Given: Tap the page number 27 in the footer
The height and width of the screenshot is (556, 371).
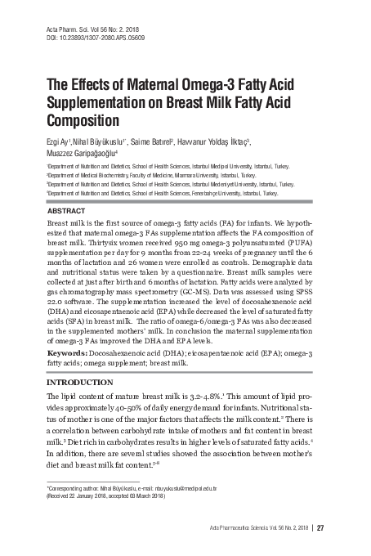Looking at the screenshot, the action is click(320, 527).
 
